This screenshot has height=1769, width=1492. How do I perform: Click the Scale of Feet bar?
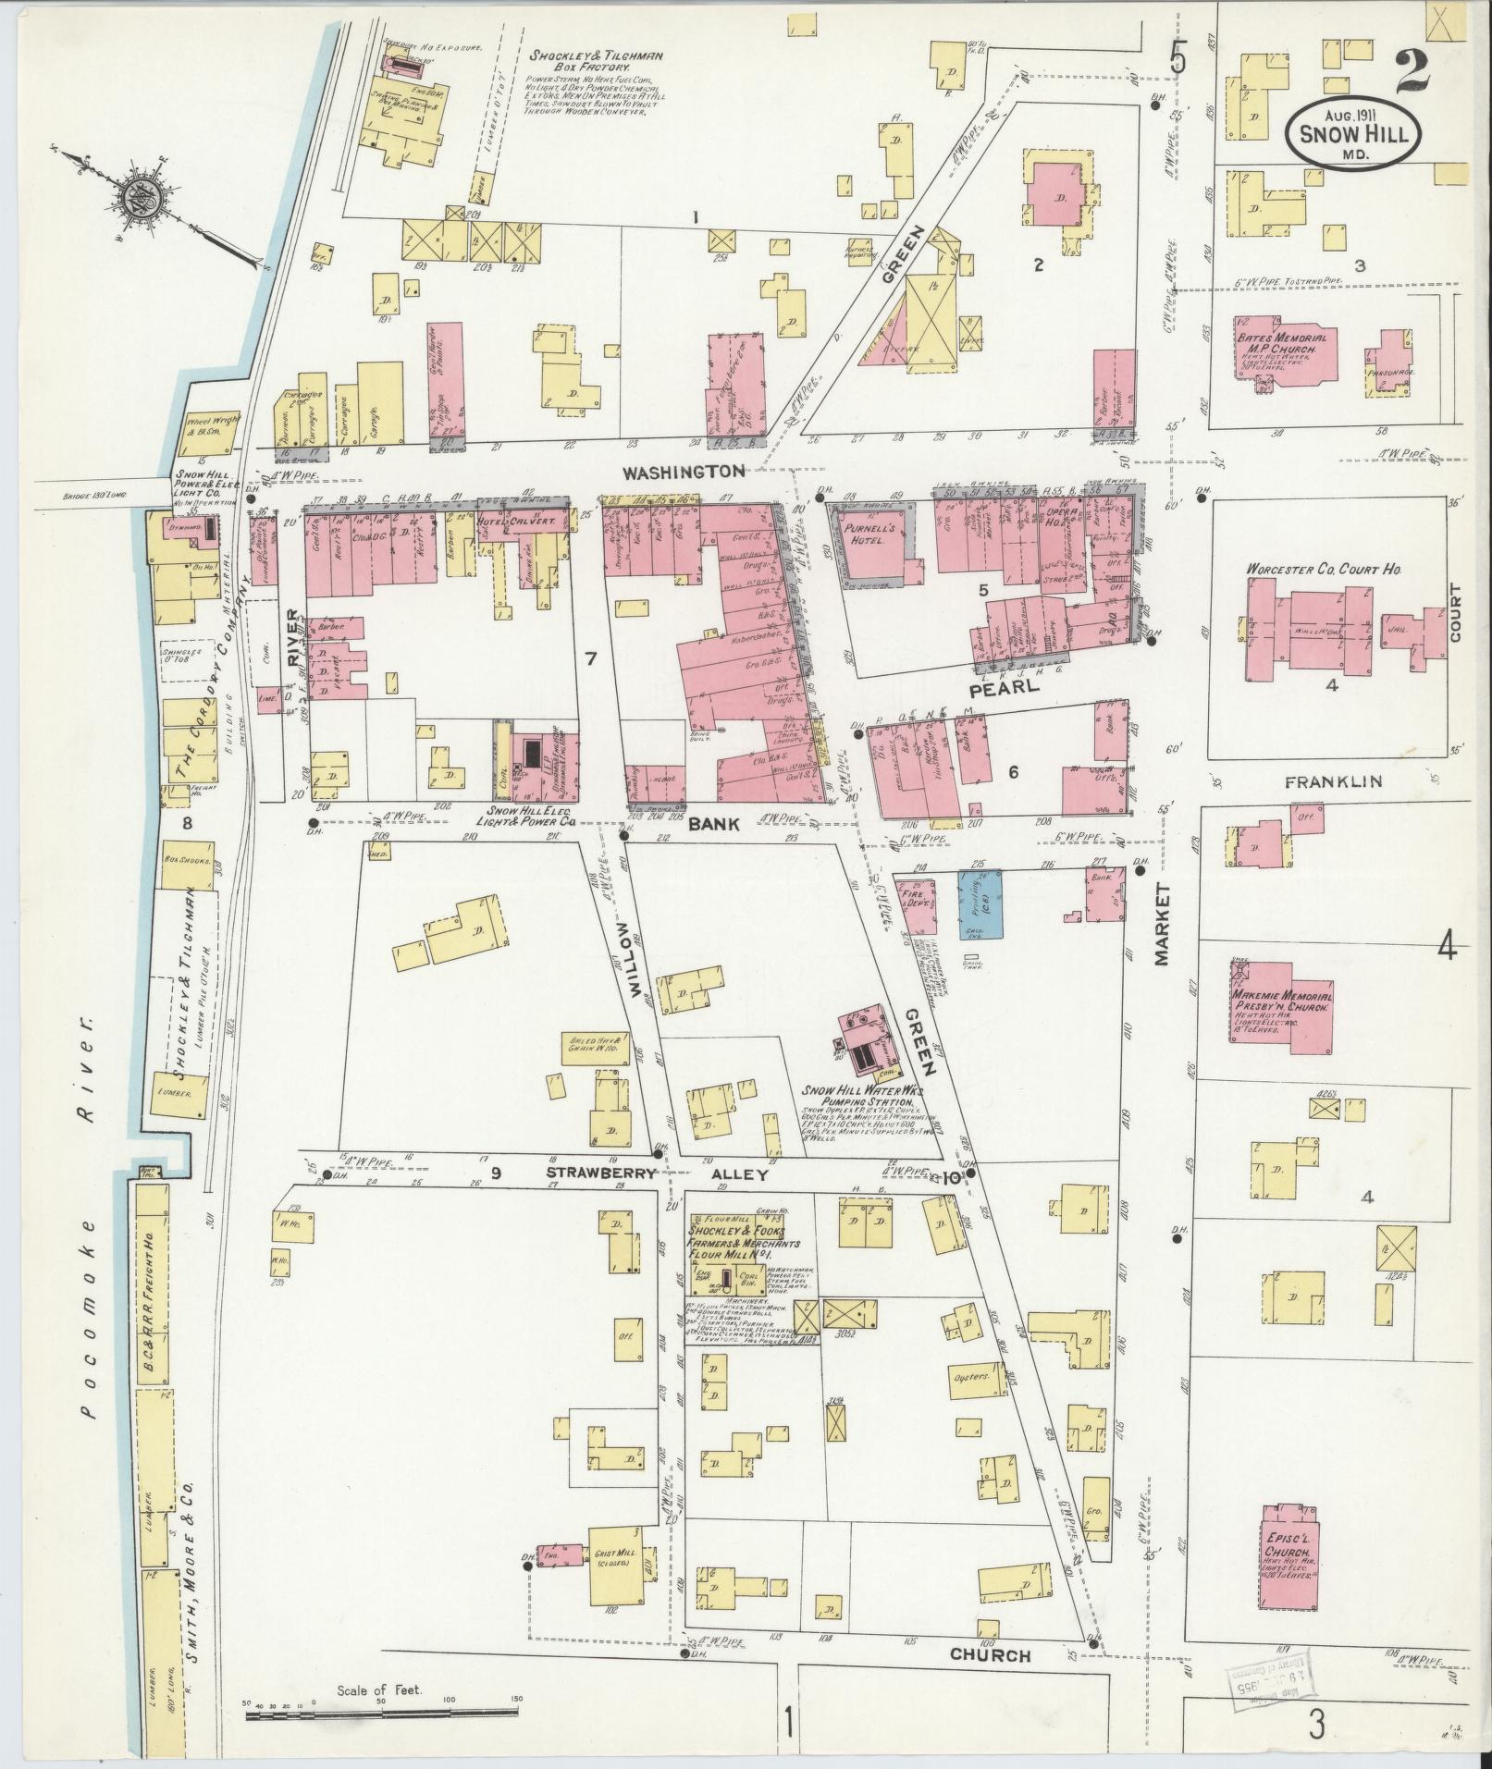point(379,1715)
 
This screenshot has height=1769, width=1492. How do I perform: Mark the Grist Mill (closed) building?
point(609,1563)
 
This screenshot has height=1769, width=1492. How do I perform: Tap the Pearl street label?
point(994,691)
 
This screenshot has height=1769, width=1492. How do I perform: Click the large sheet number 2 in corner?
point(1416,72)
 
